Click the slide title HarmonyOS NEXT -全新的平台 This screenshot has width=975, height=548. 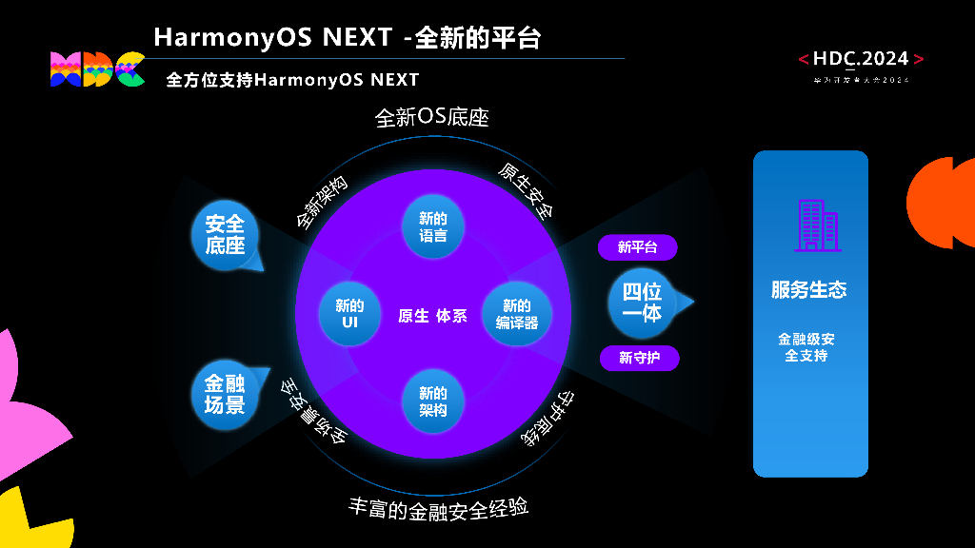(348, 37)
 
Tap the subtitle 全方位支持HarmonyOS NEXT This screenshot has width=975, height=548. (292, 80)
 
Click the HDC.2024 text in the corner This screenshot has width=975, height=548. (861, 59)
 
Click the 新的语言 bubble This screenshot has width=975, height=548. (433, 226)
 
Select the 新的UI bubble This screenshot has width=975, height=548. (349, 314)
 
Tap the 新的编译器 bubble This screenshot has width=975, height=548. (516, 314)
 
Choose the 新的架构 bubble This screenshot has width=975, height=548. (433, 401)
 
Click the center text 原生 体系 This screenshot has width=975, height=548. (432, 316)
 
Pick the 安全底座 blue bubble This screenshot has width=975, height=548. (226, 235)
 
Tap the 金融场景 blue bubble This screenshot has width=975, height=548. (226, 394)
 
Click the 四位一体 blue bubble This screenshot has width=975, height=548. (642, 303)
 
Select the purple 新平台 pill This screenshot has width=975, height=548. (637, 247)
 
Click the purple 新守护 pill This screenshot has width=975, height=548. (637, 358)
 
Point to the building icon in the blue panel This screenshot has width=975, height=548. (816, 225)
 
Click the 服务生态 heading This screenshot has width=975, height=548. (809, 290)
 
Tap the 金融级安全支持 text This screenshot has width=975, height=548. (806, 347)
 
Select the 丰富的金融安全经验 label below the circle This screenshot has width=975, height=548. (438, 508)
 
